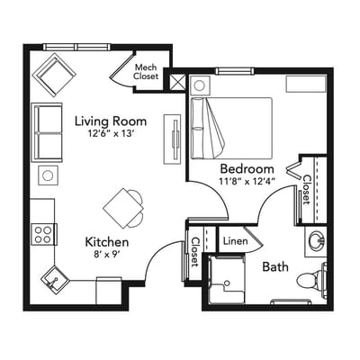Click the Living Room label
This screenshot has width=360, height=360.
(x=110, y=121)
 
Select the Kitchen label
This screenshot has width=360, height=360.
(x=107, y=242)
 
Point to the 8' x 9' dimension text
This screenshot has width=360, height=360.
(x=107, y=255)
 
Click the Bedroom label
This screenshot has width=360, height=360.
(x=247, y=168)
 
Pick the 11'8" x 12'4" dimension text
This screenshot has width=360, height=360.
(x=246, y=181)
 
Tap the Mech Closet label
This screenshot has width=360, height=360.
(x=147, y=71)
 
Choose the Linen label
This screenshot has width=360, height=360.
(x=234, y=240)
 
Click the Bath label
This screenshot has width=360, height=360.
(x=274, y=266)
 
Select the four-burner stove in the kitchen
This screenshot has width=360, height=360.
(x=43, y=234)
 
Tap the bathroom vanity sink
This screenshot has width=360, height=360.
(x=316, y=240)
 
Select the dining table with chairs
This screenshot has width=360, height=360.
(x=124, y=208)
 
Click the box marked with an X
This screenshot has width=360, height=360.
(x=176, y=82)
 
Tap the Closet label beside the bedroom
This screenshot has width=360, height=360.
(x=307, y=190)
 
